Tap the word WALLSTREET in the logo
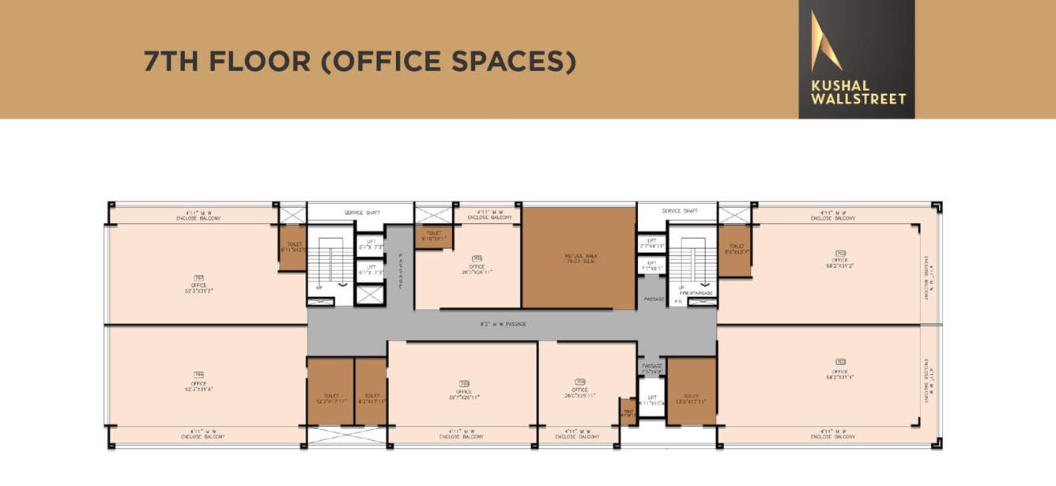click(x=858, y=99)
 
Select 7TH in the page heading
click(x=171, y=62)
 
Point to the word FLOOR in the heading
click(x=259, y=62)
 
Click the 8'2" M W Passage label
click(x=503, y=324)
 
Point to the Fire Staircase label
click(x=696, y=293)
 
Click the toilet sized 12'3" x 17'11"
click(x=330, y=398)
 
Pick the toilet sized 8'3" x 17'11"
click(x=371, y=398)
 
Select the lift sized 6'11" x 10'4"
click(x=652, y=401)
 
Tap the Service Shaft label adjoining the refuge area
click(x=680, y=211)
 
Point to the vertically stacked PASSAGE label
click(x=401, y=269)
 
